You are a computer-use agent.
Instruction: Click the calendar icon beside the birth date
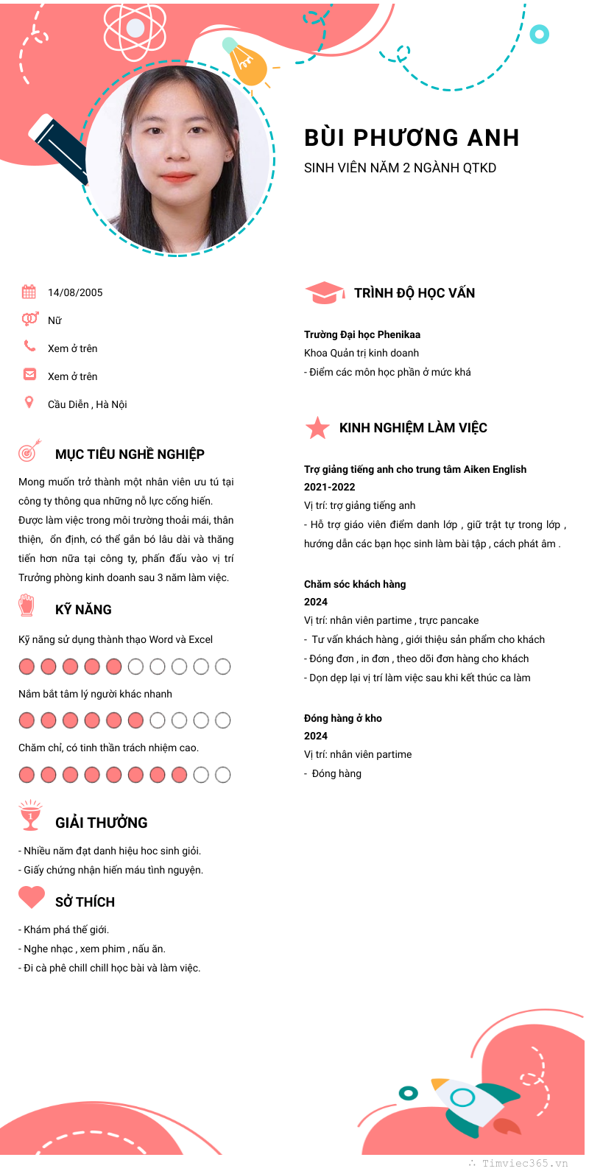tap(29, 292)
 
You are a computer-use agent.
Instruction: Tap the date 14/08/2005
tap(75, 292)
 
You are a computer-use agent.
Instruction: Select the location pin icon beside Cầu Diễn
tap(29, 402)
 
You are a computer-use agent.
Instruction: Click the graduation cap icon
tap(325, 293)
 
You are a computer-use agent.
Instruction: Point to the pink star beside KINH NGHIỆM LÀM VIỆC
tap(317, 428)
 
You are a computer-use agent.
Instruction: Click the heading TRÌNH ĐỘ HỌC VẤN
tap(415, 293)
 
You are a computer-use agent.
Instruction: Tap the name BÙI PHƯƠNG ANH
tap(412, 138)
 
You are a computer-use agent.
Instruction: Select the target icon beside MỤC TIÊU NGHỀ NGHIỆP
tap(29, 451)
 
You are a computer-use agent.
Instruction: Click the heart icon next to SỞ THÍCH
tap(32, 897)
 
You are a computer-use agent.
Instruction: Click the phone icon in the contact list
tap(29, 346)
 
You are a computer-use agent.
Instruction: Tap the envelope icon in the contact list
tap(29, 374)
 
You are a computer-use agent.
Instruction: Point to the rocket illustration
tap(475, 1106)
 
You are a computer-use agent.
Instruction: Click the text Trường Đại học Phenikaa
tap(362, 334)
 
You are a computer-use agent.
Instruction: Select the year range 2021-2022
tap(329, 487)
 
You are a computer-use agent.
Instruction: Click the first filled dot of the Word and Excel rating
tap(27, 667)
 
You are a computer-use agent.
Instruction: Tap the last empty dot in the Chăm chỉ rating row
tap(222, 775)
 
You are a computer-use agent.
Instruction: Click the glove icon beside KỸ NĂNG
tap(27, 606)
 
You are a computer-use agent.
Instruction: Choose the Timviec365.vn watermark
tap(524, 1164)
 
